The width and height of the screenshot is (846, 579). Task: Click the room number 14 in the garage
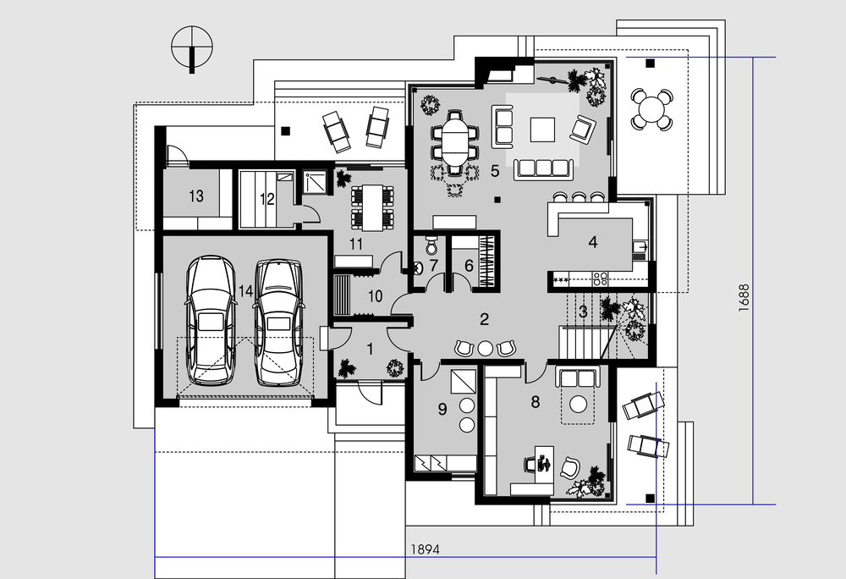(x=245, y=291)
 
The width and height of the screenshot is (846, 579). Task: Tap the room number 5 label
(x=495, y=171)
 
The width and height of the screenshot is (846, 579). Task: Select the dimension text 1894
(x=426, y=549)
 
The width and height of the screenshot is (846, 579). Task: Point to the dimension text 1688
(x=744, y=298)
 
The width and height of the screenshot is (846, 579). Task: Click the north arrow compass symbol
(x=192, y=47)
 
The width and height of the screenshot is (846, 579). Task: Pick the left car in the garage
(x=211, y=321)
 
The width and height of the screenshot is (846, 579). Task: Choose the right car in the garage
(x=278, y=323)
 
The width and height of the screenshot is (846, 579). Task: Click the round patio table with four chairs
(x=651, y=109)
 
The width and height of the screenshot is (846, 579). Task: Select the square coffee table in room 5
(x=542, y=130)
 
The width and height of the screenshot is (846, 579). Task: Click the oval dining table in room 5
(x=456, y=142)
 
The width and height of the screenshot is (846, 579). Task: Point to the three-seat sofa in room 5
(x=544, y=168)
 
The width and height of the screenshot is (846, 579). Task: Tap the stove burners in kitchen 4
(x=600, y=278)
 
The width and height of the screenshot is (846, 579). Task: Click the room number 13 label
(x=196, y=196)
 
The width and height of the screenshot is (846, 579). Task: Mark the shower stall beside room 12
(x=315, y=182)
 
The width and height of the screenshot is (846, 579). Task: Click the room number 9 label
(x=442, y=409)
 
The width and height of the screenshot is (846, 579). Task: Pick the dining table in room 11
(x=371, y=207)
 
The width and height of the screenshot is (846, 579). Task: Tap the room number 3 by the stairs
(x=583, y=312)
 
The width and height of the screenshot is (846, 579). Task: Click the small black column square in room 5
(x=497, y=200)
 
